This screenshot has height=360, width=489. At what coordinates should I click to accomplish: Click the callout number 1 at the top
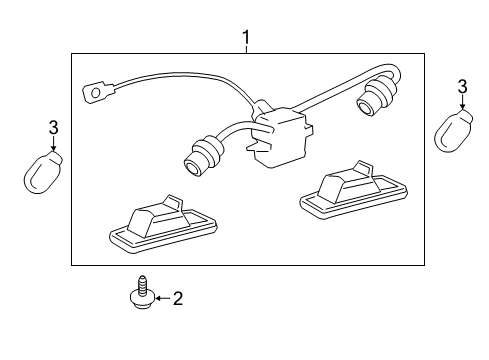click(245, 40)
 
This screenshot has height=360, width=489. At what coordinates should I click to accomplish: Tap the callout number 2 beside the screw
click(178, 297)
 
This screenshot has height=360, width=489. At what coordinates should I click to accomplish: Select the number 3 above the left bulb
click(55, 127)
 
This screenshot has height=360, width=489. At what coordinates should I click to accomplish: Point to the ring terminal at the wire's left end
click(98, 95)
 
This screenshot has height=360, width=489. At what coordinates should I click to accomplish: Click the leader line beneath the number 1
click(245, 52)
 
